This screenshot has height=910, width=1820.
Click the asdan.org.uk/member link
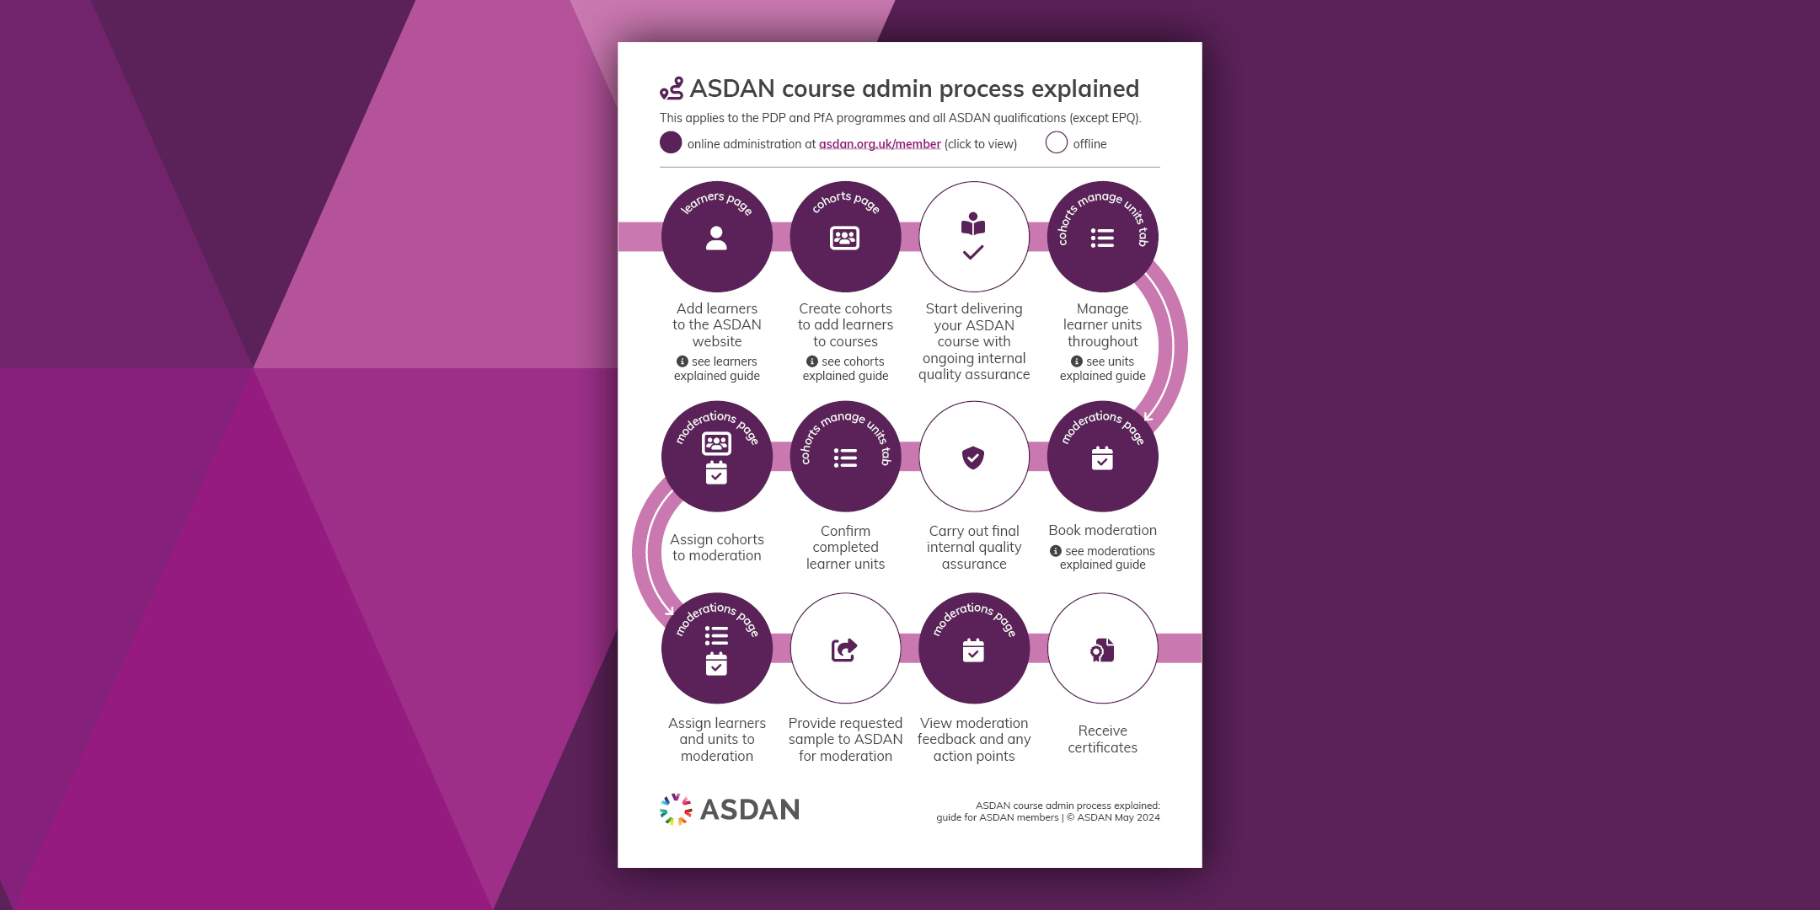(x=880, y=144)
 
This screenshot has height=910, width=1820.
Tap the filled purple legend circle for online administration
(x=671, y=142)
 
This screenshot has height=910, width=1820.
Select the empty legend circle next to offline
(x=1057, y=142)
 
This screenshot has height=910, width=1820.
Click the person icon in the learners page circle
(x=716, y=238)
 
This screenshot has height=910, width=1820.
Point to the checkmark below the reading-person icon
(x=973, y=252)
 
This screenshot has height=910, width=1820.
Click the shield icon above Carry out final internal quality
(x=973, y=458)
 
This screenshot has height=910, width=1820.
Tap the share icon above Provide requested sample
(x=844, y=650)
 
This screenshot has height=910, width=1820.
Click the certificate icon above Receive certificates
(x=1102, y=650)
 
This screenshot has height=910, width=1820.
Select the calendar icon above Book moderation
(x=1102, y=458)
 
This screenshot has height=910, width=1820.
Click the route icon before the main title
(x=672, y=88)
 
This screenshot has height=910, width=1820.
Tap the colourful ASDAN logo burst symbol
(x=676, y=809)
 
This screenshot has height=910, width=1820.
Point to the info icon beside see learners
(x=682, y=361)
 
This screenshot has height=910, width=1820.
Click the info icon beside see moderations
(x=1056, y=551)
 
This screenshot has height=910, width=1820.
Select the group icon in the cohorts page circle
(x=844, y=238)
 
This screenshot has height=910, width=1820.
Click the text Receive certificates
(x=1102, y=739)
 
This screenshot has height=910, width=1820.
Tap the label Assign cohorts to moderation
(x=717, y=548)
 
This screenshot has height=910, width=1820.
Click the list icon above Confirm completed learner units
(x=845, y=458)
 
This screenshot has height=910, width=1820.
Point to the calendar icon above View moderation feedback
(x=973, y=650)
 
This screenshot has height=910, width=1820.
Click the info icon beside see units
(x=1077, y=361)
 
